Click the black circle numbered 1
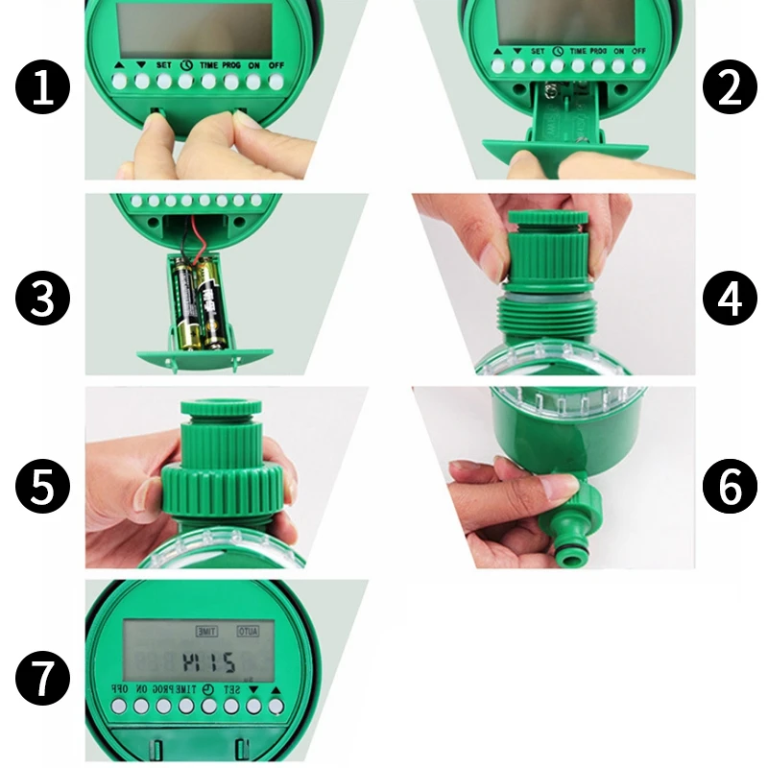tap(43, 90)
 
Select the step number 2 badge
tap(731, 90)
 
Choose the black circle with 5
tap(43, 488)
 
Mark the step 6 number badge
tap(731, 488)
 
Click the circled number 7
tap(43, 680)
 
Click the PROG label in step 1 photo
tap(230, 65)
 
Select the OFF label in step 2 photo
tap(638, 51)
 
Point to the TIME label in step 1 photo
tap(207, 65)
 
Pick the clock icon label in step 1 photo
tap(184, 65)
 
